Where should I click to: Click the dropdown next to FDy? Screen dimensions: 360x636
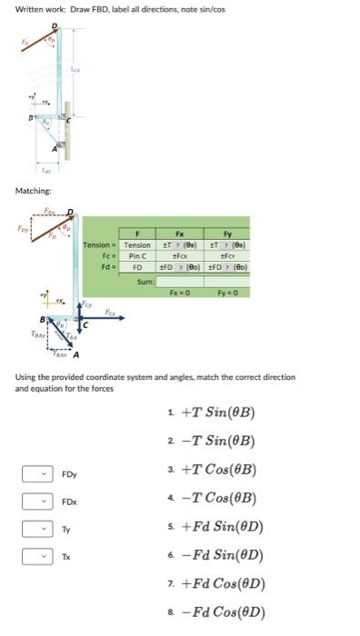(35, 473)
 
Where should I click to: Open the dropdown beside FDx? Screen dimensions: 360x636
(35, 501)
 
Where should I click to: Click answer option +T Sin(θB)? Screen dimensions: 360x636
(218, 413)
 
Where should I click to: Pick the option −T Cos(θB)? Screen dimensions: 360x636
(218, 498)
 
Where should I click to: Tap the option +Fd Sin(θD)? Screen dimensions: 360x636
(222, 526)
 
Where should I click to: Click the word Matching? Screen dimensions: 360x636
(33, 191)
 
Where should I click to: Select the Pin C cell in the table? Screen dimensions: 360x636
(138, 257)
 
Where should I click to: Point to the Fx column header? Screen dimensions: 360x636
(179, 234)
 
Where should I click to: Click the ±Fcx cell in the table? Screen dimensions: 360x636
(179, 257)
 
